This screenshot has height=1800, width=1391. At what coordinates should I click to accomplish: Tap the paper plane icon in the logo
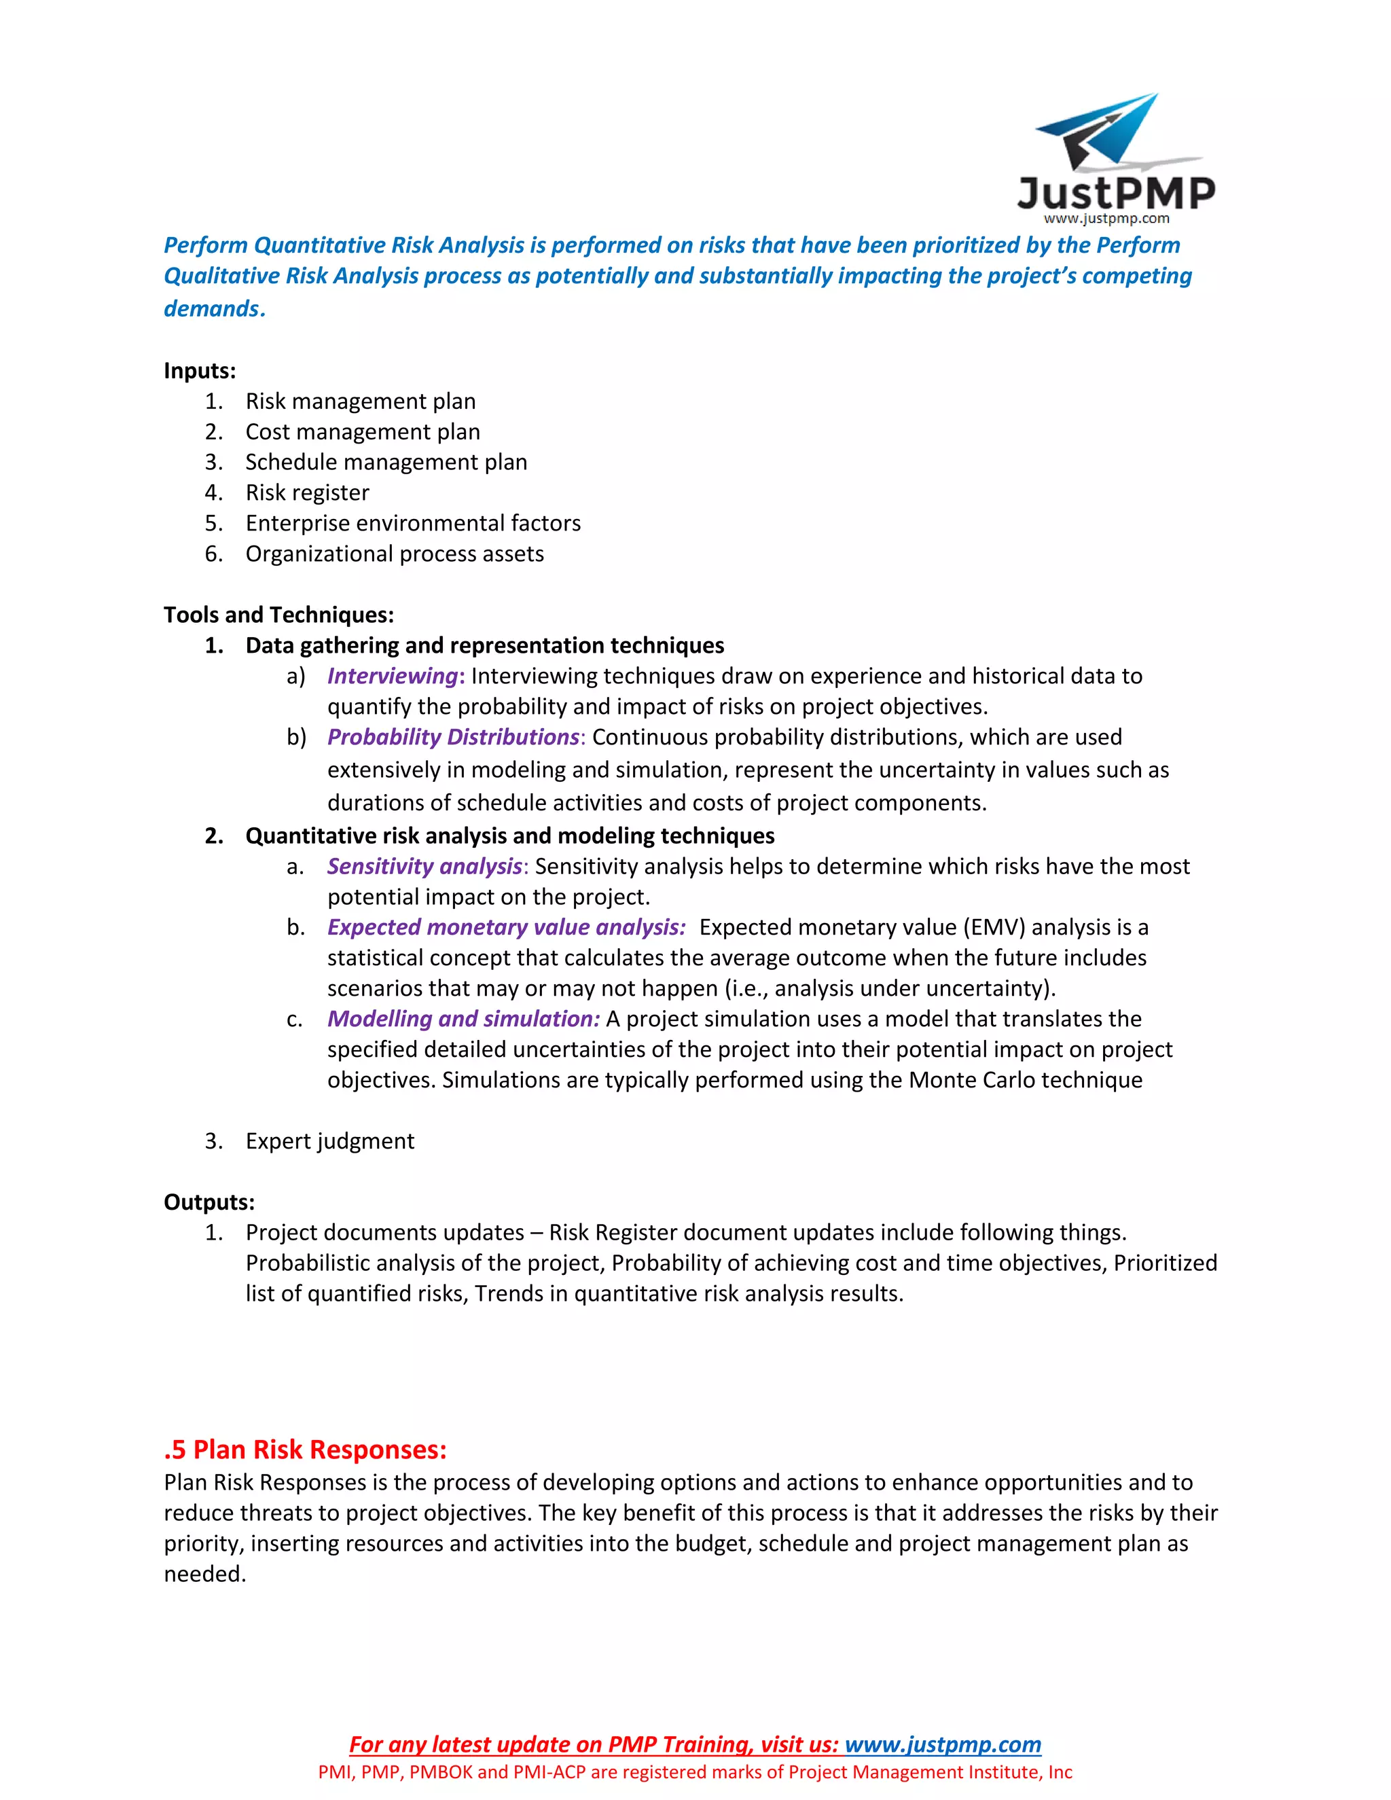1104,132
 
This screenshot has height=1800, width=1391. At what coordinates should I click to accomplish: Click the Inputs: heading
200,371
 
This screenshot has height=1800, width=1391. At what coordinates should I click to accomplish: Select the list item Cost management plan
363,432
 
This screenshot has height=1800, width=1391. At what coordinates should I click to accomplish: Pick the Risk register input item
308,493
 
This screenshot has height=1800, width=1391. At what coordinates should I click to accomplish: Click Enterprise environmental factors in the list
413,523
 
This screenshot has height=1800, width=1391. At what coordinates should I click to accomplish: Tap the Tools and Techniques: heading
278,615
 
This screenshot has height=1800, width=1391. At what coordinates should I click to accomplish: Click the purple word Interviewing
393,676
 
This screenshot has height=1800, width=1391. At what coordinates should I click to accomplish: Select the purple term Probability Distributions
453,737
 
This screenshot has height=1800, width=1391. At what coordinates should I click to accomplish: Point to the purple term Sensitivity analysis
424,866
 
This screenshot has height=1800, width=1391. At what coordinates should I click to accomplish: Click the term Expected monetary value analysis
506,927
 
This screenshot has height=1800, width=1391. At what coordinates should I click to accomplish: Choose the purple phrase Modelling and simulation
463,1019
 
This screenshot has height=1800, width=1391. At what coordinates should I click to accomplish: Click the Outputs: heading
209,1202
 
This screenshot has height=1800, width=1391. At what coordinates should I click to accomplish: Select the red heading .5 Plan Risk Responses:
305,1450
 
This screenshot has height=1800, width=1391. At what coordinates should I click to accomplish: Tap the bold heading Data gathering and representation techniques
484,645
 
